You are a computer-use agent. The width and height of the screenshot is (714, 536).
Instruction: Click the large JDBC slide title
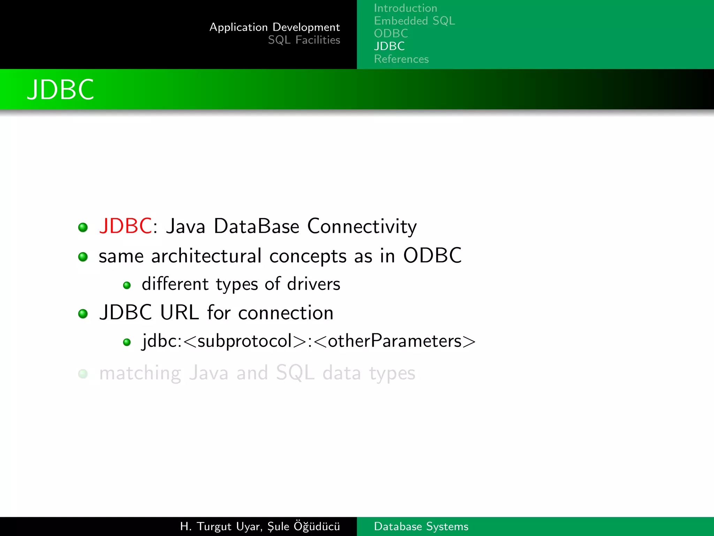tap(61, 90)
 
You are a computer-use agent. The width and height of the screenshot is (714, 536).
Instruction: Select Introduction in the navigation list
tap(405, 8)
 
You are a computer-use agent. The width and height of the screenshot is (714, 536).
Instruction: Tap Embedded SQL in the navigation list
tap(414, 21)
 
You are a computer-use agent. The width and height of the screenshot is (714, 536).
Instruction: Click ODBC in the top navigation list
tap(391, 33)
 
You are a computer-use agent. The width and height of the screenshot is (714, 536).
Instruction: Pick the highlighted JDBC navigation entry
tap(389, 46)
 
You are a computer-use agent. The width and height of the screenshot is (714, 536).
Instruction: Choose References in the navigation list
tap(401, 59)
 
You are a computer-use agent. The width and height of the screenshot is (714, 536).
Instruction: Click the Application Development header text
tap(274, 27)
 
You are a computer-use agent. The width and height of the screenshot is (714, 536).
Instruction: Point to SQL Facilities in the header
tap(304, 40)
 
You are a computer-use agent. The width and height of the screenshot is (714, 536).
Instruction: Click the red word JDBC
tap(125, 226)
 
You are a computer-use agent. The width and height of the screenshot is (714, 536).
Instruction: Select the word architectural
tap(206, 256)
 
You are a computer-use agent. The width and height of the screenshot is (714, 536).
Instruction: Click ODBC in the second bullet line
tap(432, 255)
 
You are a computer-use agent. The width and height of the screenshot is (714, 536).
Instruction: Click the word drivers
tap(313, 284)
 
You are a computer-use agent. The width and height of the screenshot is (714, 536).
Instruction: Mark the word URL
tap(179, 312)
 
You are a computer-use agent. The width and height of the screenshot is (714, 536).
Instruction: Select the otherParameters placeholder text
tap(395, 341)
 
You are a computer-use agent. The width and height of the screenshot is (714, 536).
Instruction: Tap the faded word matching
tap(140, 373)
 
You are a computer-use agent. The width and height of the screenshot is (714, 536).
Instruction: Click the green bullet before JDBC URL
tap(83, 313)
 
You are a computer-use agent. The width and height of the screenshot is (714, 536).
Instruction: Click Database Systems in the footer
tap(421, 526)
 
